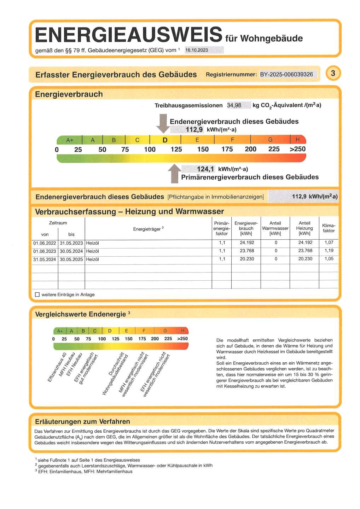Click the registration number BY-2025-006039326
point(286,74)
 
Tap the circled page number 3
point(333,73)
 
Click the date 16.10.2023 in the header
point(197,50)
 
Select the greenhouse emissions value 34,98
point(234,105)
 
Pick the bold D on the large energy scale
point(165,140)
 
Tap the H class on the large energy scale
point(297,140)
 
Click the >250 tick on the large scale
point(297,149)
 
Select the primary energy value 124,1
point(205,169)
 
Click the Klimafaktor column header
point(329,228)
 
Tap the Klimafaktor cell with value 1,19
point(329,251)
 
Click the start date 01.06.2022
point(45,243)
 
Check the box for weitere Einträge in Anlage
point(37,294)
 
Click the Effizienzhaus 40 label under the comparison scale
point(57,367)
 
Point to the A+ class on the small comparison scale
point(60,331)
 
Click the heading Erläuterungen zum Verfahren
point(82,421)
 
